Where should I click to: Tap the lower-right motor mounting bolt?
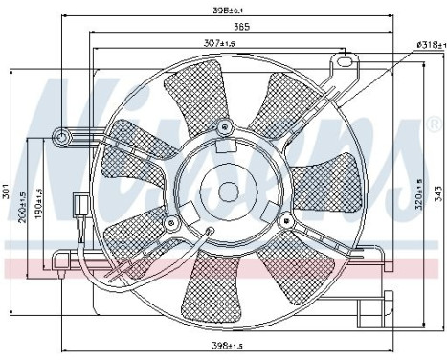pos(284,221)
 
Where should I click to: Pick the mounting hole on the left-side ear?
pos(64,139)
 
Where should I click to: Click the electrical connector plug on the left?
pos(78,204)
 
